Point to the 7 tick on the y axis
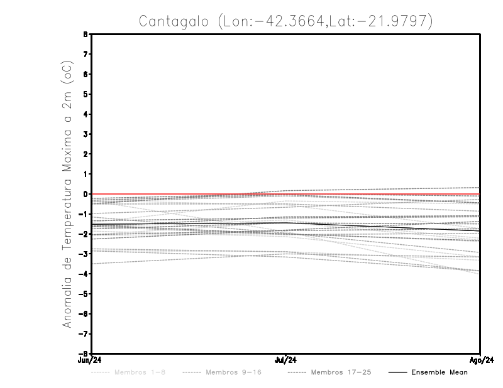click(x=84, y=55)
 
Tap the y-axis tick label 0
click(x=84, y=195)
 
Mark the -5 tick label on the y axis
click(x=83, y=294)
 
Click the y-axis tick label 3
click(x=84, y=134)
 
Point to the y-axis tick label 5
click(x=84, y=94)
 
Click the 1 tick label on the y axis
click(x=84, y=175)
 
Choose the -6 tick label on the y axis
click(x=83, y=314)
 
